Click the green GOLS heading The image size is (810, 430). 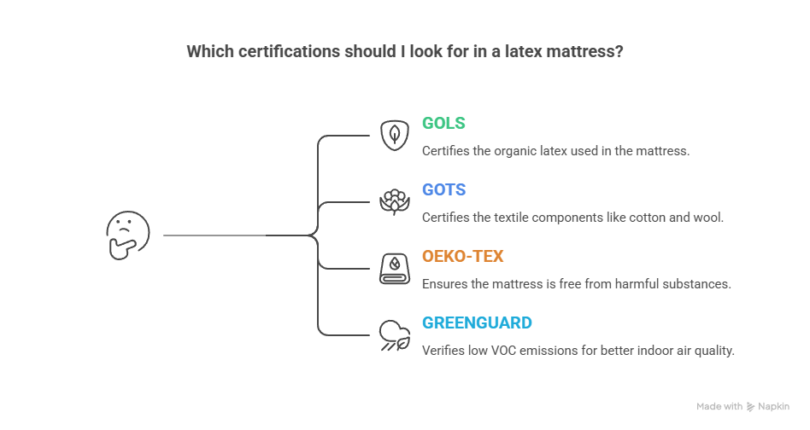pos(443,123)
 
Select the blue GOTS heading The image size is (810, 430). pos(443,189)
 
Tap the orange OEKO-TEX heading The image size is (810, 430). pos(462,256)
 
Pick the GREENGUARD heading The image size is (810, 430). pos(477,322)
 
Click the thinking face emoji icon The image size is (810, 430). pos(127,235)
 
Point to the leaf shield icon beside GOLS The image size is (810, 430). pos(393,135)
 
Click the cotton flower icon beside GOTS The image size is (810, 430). pos(393,201)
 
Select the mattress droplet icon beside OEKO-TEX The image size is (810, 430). pos(393,269)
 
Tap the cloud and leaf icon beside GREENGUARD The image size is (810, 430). pos(393,335)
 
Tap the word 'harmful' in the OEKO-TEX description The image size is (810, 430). pos(631,284)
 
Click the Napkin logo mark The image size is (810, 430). pos(750,407)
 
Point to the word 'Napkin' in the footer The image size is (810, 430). pos(773,407)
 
